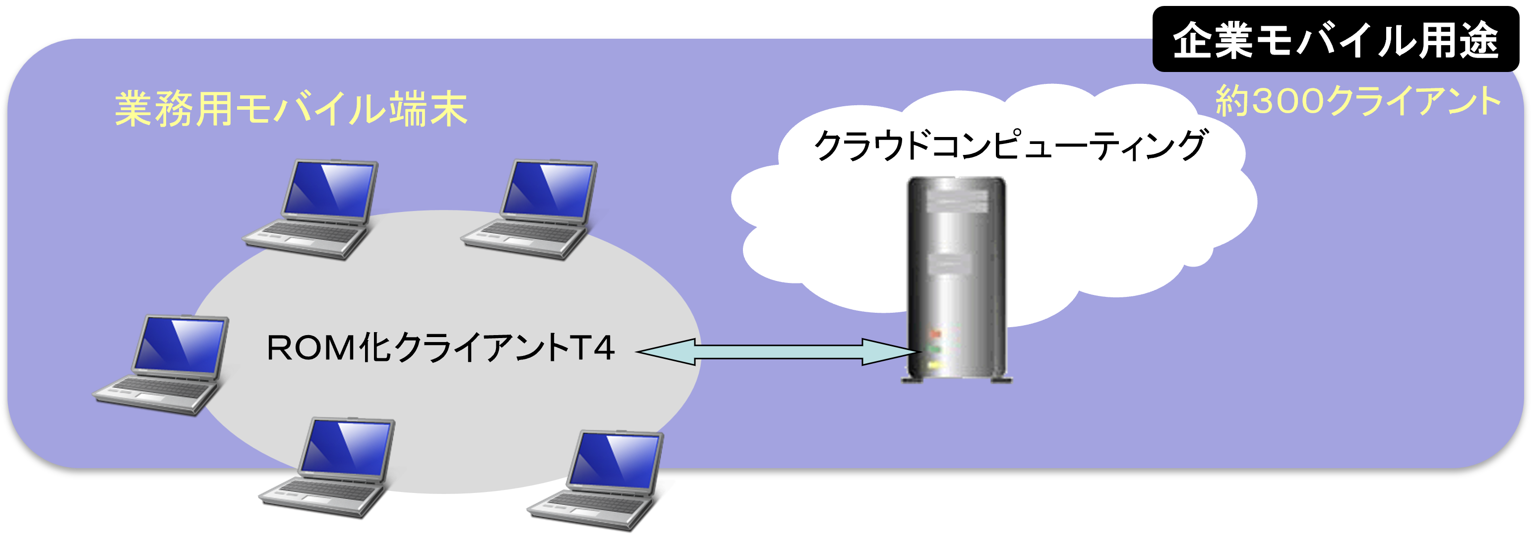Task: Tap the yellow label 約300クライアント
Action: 1357,101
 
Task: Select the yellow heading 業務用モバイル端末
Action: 291,109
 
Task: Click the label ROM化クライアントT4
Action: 440,349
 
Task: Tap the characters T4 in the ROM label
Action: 592,349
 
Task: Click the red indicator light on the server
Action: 935,334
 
